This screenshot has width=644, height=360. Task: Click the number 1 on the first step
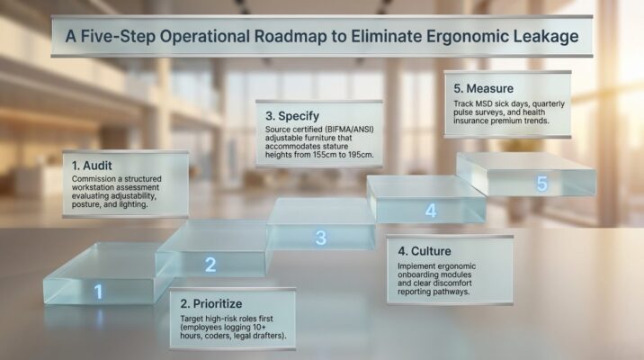pos(99,292)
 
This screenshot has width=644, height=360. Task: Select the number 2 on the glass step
pos(210,265)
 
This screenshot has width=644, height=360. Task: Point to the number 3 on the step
pos(320,238)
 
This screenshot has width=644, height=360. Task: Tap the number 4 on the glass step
pos(431,211)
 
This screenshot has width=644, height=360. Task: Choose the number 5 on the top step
pos(541,184)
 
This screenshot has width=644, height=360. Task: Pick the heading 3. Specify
pos(298,116)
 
